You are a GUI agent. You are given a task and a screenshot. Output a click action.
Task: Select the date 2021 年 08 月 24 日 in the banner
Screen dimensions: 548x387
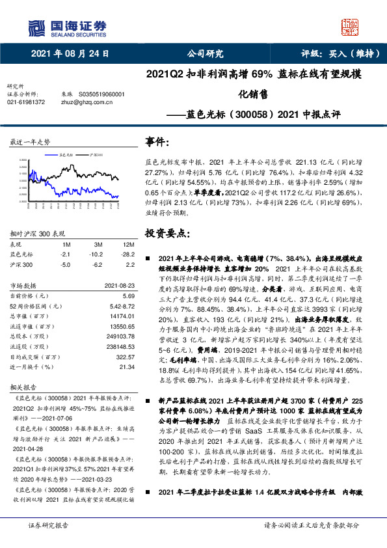tap(70, 53)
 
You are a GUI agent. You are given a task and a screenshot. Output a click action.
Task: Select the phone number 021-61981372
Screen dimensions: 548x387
tap(26, 102)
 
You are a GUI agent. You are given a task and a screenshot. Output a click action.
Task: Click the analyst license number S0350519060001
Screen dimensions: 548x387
tap(101, 94)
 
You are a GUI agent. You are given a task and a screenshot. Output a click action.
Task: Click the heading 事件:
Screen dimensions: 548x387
tap(159, 143)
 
